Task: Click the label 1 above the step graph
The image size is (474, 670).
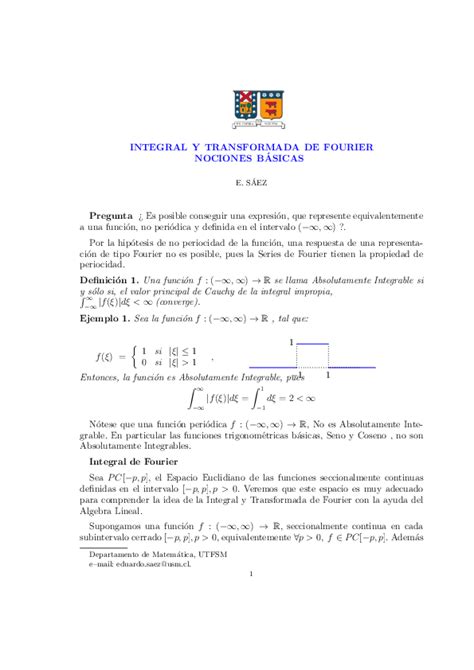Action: (291, 343)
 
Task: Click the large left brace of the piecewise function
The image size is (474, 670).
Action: (133, 358)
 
